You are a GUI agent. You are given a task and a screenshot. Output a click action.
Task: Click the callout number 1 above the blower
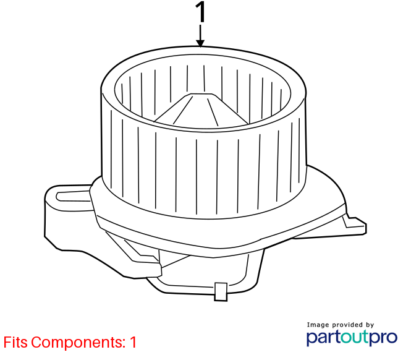(200, 12)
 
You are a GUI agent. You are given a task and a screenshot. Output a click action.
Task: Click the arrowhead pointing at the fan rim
(200, 43)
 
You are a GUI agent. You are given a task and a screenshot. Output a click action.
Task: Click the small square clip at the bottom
(221, 292)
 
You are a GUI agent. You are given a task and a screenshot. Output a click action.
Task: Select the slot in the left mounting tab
(74, 196)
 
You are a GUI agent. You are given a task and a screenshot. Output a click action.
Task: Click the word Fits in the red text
(15, 342)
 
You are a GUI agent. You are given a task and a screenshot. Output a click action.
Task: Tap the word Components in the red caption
(78, 343)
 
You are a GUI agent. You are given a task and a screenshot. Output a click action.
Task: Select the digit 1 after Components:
(133, 342)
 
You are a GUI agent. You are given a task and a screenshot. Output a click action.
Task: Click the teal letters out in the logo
(355, 337)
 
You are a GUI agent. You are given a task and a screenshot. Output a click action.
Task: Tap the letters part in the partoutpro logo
(324, 338)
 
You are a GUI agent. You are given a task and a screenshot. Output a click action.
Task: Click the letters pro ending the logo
(383, 338)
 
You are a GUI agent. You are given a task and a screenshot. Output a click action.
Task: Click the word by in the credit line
(370, 325)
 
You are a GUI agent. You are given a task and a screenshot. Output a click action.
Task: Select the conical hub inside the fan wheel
(201, 110)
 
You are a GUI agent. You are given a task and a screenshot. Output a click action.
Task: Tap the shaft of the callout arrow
(200, 33)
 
